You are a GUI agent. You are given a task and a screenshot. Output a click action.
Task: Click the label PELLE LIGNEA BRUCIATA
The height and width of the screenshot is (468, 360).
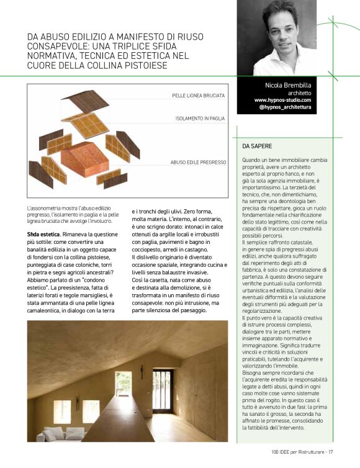coord(198,96)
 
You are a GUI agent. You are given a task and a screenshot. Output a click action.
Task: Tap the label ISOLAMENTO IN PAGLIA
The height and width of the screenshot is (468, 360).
coord(200,117)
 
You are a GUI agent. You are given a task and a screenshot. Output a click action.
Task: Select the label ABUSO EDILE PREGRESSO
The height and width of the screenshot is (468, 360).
coord(198,162)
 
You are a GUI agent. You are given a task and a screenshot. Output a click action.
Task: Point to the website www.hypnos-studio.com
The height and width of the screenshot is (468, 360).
coord(282,99)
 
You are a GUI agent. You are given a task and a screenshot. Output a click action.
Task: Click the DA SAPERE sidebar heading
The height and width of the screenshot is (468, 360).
coord(256,146)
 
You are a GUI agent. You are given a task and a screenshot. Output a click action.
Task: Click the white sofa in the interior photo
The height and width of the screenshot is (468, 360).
coord(54,433)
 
